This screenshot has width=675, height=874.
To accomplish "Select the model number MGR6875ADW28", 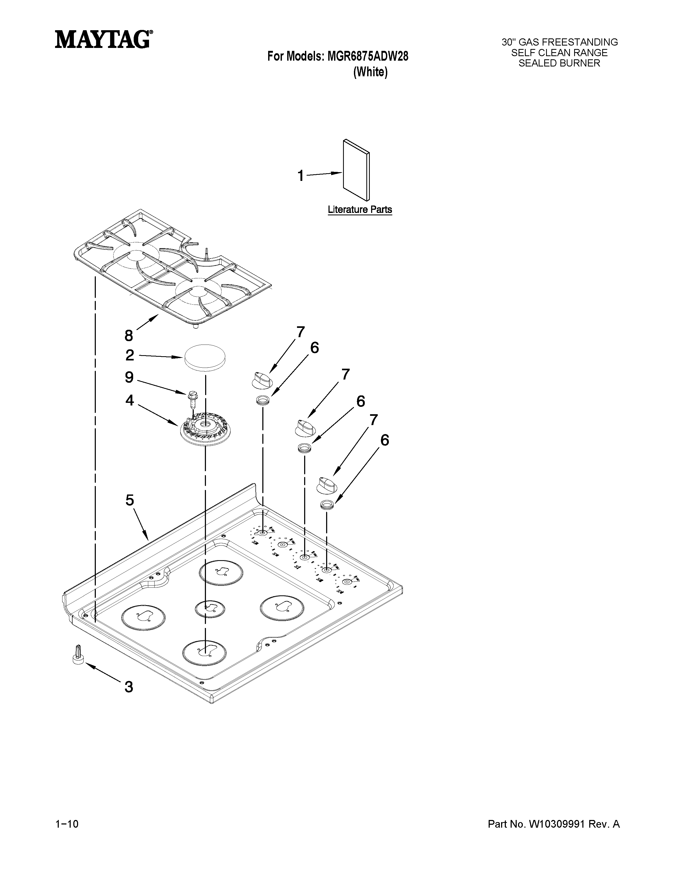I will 368,57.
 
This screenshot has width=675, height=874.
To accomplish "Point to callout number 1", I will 301,176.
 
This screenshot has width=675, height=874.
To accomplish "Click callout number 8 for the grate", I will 128,335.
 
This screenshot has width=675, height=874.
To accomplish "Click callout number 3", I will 128,687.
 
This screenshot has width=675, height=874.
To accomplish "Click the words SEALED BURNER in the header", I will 559,63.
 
